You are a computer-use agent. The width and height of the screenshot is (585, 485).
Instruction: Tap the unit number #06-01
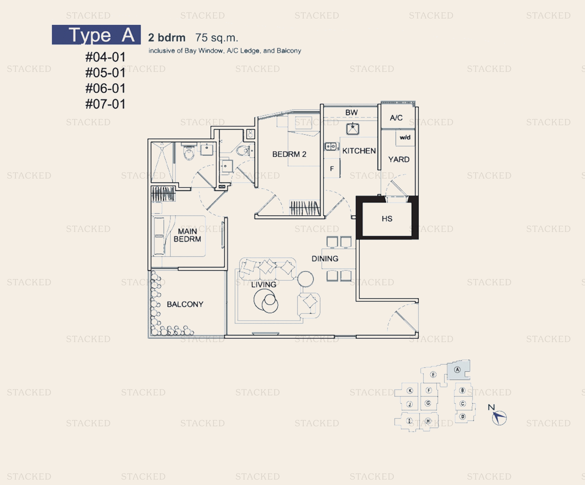(105, 88)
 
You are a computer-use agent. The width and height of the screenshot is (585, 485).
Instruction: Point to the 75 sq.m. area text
(217, 38)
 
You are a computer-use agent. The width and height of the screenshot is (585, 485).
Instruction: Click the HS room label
(387, 219)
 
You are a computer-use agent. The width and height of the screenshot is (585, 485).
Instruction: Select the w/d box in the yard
(405, 138)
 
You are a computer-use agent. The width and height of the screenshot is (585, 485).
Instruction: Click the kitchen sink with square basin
(353, 129)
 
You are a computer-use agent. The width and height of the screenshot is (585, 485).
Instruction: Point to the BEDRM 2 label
(289, 154)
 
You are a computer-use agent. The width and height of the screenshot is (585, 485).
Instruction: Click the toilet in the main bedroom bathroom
(189, 152)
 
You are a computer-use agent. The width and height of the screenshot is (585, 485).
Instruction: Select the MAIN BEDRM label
(187, 235)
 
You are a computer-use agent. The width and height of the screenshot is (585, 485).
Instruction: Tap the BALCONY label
(185, 304)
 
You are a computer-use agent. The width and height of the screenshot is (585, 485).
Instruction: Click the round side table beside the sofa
(305, 279)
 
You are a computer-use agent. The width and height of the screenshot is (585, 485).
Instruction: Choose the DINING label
(325, 259)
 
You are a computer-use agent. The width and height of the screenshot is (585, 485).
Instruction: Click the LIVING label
(263, 285)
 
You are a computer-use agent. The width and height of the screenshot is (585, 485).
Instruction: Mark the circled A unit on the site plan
(457, 370)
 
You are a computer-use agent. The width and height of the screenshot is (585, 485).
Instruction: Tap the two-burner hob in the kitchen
(331, 146)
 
